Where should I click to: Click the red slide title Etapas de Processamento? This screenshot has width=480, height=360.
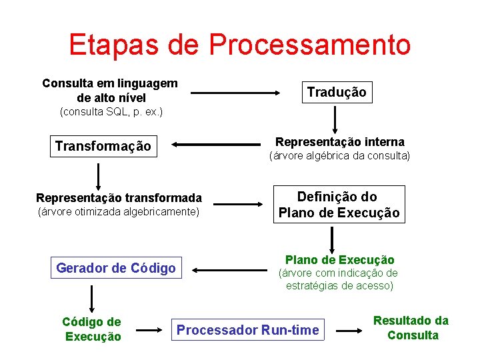click(239, 45)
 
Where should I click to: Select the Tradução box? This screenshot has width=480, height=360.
click(336, 92)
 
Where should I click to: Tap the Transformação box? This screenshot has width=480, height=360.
click(103, 146)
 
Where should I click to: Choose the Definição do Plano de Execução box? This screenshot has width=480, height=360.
click(339, 205)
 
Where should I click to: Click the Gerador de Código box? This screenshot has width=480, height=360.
click(116, 268)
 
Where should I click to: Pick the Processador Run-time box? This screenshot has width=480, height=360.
click(247, 330)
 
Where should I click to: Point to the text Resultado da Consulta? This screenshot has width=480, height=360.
click(411, 328)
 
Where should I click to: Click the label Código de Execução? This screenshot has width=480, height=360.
click(92, 329)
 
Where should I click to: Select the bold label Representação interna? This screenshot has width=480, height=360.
click(339, 141)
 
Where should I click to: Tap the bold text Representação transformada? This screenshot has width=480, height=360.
click(119, 197)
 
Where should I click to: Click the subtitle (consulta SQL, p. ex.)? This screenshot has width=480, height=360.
click(111, 111)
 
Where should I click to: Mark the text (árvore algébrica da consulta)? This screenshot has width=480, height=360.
click(339, 156)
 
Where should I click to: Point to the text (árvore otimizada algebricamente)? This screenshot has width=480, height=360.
click(119, 212)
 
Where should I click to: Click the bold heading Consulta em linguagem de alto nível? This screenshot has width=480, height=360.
click(110, 90)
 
